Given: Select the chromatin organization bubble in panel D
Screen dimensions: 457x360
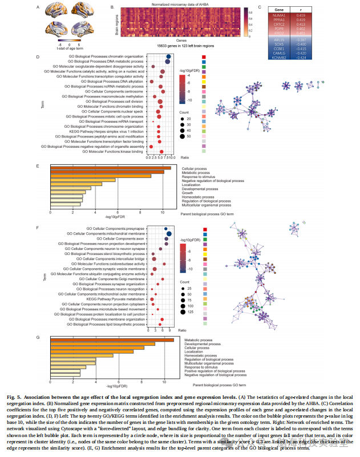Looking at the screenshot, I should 169,56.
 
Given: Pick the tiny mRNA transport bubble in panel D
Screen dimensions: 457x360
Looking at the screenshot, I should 153,122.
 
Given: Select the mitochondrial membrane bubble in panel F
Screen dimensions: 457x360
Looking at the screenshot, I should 169,234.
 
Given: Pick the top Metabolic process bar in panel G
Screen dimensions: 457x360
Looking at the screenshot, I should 112,340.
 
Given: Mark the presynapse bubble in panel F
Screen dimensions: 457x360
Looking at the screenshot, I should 165,229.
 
